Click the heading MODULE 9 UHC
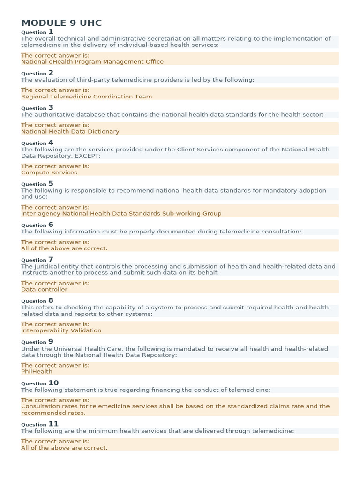[x=61, y=23]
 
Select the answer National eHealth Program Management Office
[x=92, y=62]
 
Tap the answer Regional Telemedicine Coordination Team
[x=87, y=97]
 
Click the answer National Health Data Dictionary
[x=70, y=131]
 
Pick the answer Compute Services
[x=49, y=172]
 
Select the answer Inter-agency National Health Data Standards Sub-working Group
[x=121, y=213]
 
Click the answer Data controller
[x=44, y=289]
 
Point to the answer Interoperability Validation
[x=61, y=330]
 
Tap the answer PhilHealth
[x=37, y=371]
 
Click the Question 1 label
[x=37, y=32]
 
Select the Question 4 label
[x=37, y=143]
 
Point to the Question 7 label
[x=37, y=260]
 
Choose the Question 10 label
[x=40, y=383]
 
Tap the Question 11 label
[x=40, y=424]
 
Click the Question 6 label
[x=37, y=225]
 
